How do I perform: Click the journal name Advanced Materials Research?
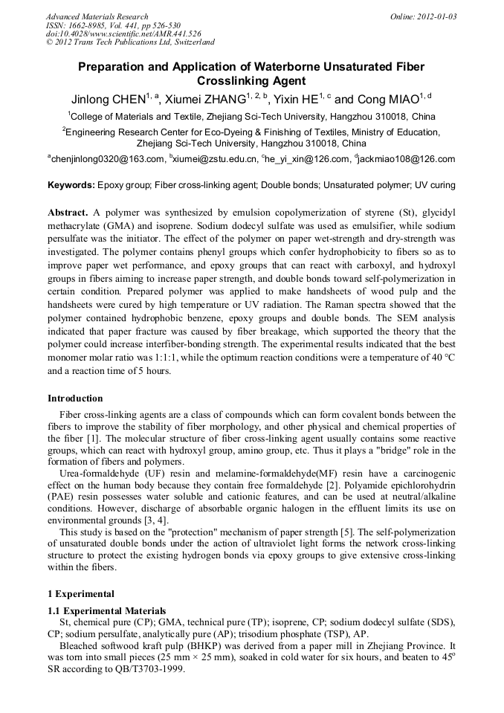[97, 16]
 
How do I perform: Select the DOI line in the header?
[123, 33]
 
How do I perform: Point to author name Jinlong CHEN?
[108, 100]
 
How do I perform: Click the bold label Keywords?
[71, 184]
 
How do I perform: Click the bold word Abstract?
[68, 212]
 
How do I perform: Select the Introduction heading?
[75, 399]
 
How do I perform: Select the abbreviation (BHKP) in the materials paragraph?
[194, 645]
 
